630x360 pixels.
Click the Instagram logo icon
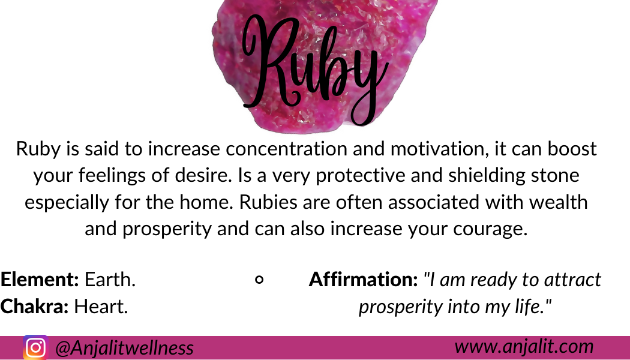click(35, 347)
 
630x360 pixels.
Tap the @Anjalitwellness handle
click(125, 348)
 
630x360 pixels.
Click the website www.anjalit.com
click(524, 346)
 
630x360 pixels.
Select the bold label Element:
click(40, 279)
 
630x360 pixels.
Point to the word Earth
click(110, 279)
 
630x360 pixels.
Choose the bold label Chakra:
click(35, 306)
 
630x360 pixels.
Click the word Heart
click(101, 306)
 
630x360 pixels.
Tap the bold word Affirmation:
click(364, 279)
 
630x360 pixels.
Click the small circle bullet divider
click(259, 280)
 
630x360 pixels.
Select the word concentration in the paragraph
click(286, 149)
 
